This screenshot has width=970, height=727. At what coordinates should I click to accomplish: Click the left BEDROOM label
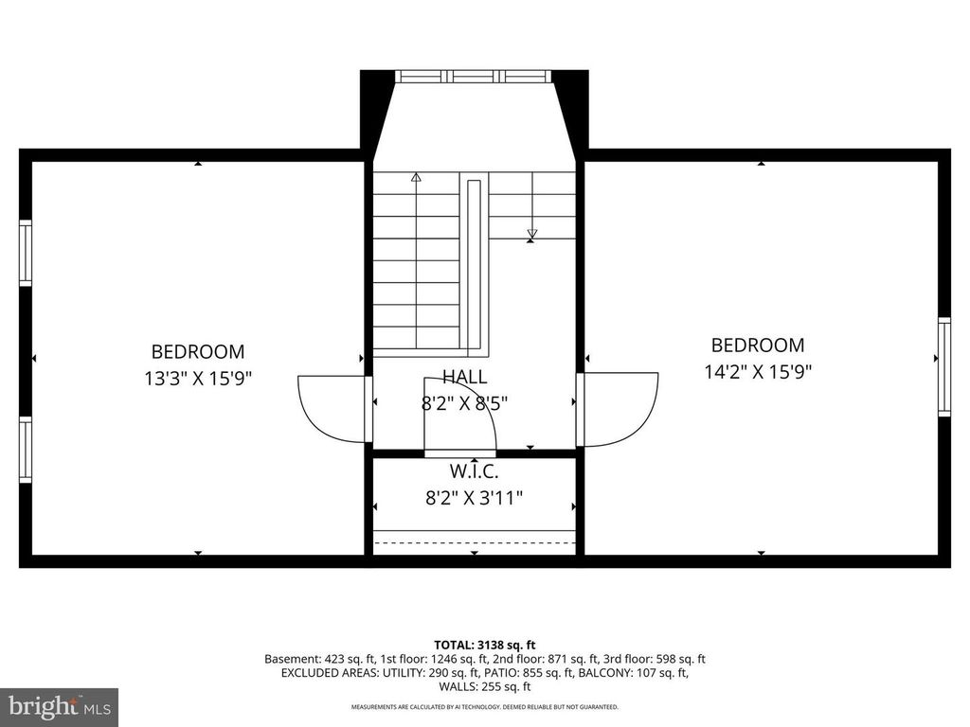coord(198,351)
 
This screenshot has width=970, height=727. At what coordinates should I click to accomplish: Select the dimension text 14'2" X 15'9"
coord(758,372)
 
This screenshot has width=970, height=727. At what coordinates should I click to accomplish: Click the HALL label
coord(464,377)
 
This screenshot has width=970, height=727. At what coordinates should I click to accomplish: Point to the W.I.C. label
coord(474,470)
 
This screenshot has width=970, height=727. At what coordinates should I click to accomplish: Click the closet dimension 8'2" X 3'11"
coord(474,497)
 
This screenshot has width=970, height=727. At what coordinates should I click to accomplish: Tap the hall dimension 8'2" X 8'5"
coord(464,403)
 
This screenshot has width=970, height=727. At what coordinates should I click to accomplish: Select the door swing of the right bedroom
coord(620,408)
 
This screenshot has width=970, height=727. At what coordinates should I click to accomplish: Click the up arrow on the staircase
coord(416,176)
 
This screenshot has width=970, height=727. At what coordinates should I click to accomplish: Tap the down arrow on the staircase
coord(531,233)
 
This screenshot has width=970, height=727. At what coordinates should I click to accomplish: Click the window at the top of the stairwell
coord(473,77)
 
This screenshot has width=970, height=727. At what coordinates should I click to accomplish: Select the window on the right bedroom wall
coord(943,366)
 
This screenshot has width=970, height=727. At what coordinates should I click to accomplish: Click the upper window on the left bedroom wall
coord(26,253)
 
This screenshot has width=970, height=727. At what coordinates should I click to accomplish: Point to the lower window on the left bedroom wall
coord(26,450)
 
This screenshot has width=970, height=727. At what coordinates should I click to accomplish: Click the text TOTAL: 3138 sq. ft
coord(484,645)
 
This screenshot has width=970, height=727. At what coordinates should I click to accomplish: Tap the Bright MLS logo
coord(59,706)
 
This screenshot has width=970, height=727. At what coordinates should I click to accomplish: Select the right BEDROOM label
coord(758,346)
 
